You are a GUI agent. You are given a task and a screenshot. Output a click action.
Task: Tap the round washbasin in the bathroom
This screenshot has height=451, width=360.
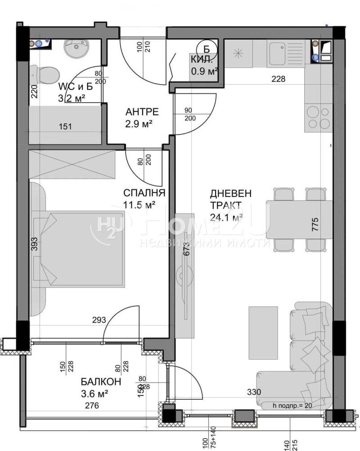(76, 48)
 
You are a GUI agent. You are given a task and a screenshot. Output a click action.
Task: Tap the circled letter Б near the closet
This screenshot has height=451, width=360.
(207, 49)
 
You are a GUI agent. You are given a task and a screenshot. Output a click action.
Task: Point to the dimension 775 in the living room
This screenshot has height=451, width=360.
(315, 224)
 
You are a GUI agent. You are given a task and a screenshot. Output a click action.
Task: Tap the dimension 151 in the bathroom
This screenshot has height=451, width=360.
(66, 127)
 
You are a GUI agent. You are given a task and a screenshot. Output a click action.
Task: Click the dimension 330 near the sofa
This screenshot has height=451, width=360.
(254, 392)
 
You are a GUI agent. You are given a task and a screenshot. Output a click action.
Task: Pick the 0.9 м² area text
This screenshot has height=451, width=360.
(204, 71)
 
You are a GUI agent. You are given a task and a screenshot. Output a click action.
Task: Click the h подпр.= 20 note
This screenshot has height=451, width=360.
(292, 406)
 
